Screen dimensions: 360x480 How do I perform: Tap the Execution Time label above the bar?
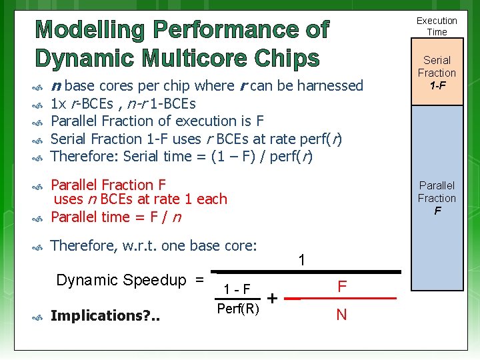[x=437, y=26]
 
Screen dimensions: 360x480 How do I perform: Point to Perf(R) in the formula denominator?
[x=238, y=309]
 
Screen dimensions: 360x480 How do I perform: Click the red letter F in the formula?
[x=341, y=287]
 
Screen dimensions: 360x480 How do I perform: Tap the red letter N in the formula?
[x=341, y=314]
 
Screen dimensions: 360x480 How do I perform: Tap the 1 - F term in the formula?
[x=237, y=289]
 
